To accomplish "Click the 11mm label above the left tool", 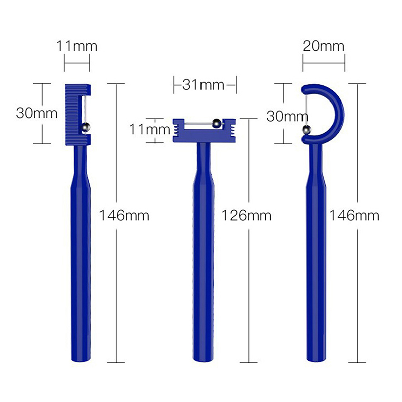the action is pos(77,46).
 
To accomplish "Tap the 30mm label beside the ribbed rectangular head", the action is pos(37,113).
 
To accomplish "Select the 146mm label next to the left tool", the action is pos(124,215).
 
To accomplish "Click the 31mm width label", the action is pos(204,85).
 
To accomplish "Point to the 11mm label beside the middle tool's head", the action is pos(150,129).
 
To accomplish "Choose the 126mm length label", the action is pos(246,215).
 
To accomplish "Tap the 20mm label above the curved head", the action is pos(323,46).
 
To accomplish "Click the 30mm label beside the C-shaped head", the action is pos(287,116).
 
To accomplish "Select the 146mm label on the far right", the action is pos(354,215).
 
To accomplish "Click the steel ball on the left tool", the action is pos(85,127).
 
